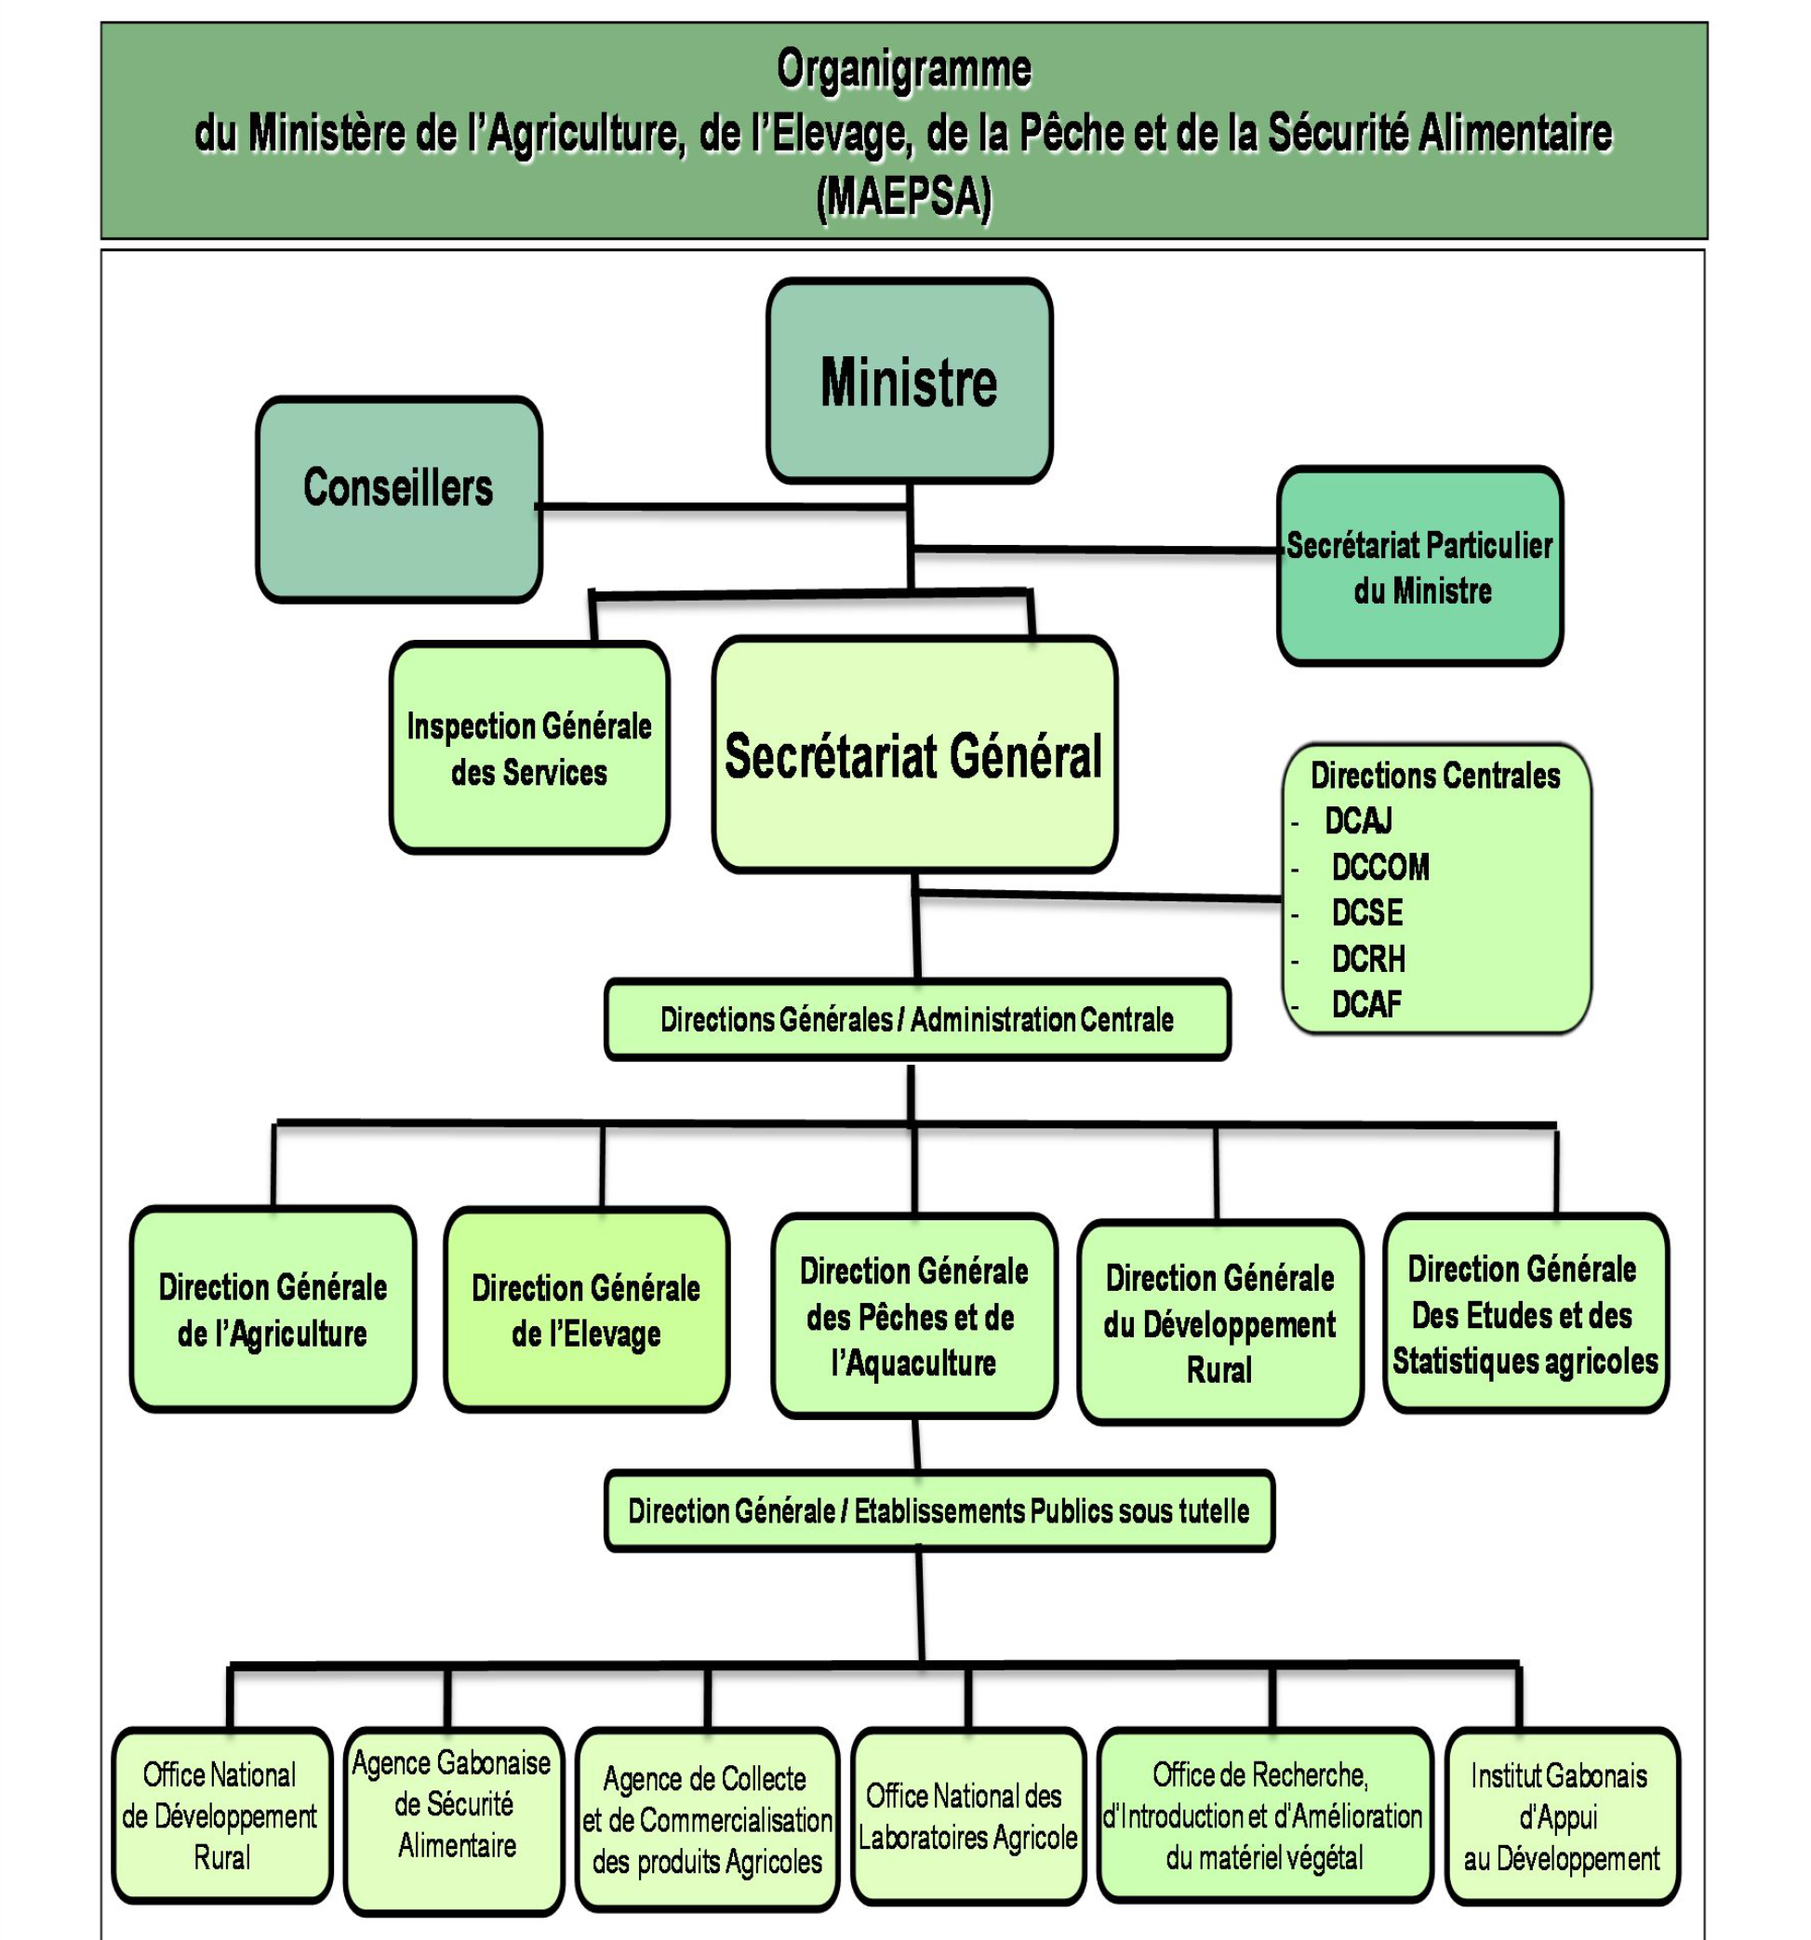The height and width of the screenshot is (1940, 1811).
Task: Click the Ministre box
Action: coord(909,379)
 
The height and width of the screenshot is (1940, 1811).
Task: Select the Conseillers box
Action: coord(398,498)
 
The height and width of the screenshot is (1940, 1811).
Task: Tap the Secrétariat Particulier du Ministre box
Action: coord(1419,566)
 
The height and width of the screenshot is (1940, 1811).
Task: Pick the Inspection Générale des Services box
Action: coord(529,748)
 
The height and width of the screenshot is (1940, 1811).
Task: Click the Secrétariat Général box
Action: coord(914,754)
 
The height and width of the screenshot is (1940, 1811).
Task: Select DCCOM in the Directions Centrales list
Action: coord(1379,867)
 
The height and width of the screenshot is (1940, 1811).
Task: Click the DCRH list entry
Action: coord(1368,959)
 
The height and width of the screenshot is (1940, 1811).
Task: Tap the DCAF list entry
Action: coord(1366,1004)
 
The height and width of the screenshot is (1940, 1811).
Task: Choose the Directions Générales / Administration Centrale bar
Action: coord(917,1020)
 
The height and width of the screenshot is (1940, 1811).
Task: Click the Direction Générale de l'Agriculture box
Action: coord(273,1309)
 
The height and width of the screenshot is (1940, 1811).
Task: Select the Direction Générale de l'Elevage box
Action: coord(586,1309)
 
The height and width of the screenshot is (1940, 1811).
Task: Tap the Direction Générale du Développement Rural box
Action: coord(1219,1322)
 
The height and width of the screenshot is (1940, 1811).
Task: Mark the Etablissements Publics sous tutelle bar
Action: coord(939,1510)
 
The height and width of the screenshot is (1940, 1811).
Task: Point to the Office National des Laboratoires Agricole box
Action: coord(968,1816)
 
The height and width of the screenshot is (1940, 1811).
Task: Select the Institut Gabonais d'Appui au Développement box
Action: coord(1561,1816)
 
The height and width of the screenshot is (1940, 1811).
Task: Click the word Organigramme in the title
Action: coord(903,69)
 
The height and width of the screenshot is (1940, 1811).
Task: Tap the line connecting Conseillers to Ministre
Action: coord(723,507)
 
